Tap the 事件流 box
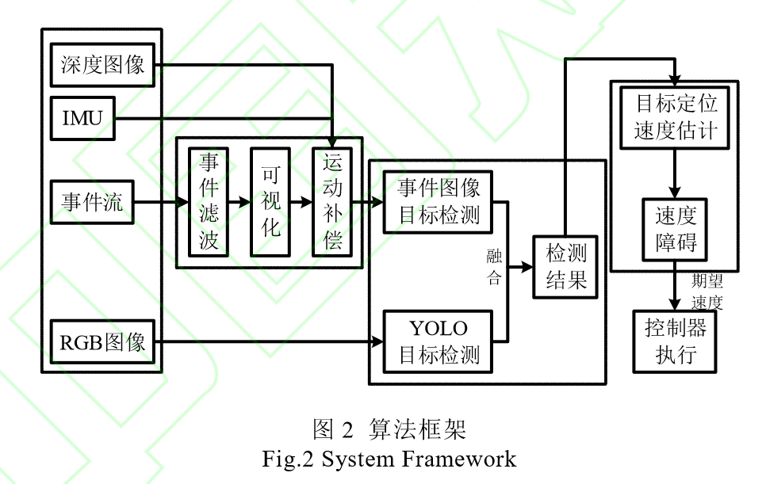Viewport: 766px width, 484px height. [92, 202]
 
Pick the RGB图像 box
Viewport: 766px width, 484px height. [103, 342]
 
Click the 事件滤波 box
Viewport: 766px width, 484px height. [209, 202]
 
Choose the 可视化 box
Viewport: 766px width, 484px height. [270, 202]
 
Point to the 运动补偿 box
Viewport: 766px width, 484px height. [332, 202]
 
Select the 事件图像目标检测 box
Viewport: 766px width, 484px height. [439, 202]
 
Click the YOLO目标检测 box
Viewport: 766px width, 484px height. [439, 341]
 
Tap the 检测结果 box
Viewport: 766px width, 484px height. [566, 266]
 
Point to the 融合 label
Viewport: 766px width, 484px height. [494, 266]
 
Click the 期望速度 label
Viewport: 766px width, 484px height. [707, 292]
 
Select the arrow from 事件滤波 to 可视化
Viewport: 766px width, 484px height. [239, 202]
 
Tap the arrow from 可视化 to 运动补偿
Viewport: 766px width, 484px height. [301, 202]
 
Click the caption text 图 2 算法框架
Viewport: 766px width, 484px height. [389, 429]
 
